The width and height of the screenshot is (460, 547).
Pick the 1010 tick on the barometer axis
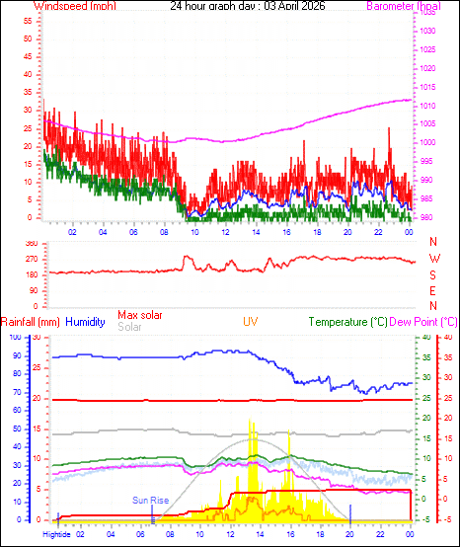[427, 107]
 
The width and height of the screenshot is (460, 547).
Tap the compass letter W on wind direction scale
[433, 259]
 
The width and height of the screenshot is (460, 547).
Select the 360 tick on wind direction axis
[31, 243]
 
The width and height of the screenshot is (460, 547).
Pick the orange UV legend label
[251, 321]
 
